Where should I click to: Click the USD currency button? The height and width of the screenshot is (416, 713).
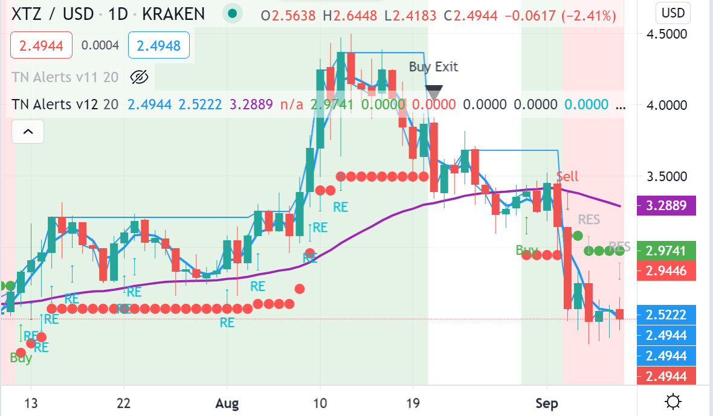click(673, 13)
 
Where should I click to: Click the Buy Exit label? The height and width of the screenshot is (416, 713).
click(433, 66)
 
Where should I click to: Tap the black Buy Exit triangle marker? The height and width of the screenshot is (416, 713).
click(434, 92)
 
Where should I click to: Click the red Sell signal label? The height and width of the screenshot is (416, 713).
click(567, 176)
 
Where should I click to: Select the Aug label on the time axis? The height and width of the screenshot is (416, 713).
click(227, 403)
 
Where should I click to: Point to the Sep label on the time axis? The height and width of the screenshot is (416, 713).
click(547, 403)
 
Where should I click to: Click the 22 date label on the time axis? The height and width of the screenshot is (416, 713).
click(124, 403)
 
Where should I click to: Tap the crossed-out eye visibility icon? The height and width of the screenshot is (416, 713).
click(139, 77)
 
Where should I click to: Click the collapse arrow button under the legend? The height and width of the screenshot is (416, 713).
click(28, 130)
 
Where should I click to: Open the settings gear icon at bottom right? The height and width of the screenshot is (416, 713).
click(673, 402)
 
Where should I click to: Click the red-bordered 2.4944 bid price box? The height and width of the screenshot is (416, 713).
click(41, 45)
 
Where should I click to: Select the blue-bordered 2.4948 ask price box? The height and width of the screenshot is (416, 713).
click(158, 45)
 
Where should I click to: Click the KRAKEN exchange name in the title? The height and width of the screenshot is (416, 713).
click(173, 13)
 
